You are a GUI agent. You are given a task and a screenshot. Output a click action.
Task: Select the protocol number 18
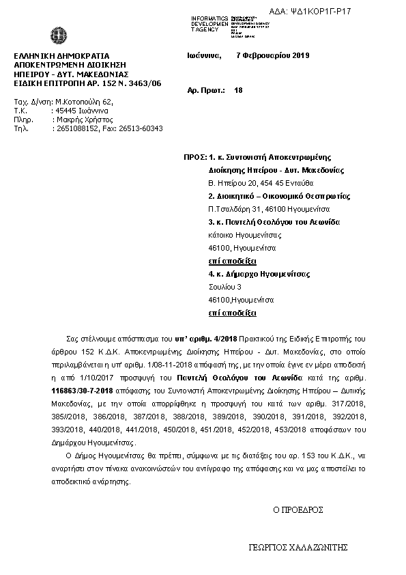pos(238,89)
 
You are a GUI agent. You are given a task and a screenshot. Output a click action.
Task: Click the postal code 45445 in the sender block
pos(66,110)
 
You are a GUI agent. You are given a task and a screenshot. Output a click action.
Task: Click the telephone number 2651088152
pos(77,128)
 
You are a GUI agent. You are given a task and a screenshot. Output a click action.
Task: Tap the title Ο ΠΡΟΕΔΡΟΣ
pos(298,509)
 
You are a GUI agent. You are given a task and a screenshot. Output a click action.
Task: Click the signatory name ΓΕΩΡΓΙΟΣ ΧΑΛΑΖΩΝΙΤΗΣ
pos(299,548)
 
